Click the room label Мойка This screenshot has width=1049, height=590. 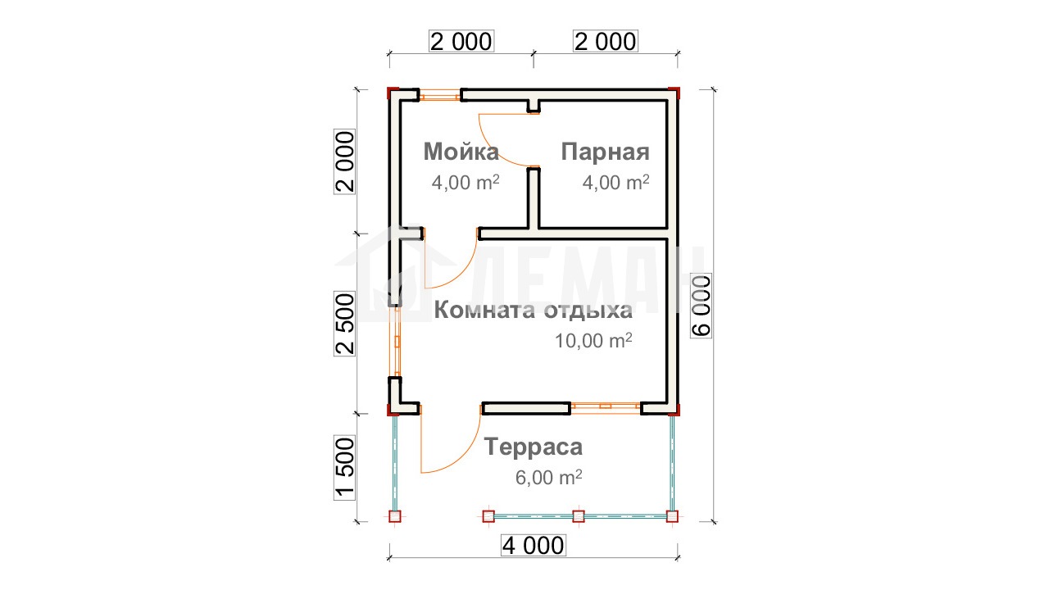(x=461, y=152)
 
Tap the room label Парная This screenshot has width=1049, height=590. (x=605, y=152)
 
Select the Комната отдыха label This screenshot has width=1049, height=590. (x=533, y=311)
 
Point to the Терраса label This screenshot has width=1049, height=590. (x=534, y=447)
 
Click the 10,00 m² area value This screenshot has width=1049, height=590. (x=593, y=340)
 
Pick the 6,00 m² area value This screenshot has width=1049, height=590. (x=549, y=477)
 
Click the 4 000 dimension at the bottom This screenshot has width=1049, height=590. (x=534, y=546)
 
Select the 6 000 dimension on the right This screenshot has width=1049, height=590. (x=702, y=306)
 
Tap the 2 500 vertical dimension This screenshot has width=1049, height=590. (x=345, y=324)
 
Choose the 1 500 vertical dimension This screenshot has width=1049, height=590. (x=345, y=467)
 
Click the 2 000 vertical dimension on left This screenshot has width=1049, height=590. (x=345, y=161)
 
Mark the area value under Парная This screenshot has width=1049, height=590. (x=615, y=182)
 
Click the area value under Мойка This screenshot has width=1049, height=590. (x=465, y=182)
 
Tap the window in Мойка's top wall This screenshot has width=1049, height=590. (x=440, y=97)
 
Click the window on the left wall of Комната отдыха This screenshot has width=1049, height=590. (x=397, y=342)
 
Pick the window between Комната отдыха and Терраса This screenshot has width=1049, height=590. (x=606, y=407)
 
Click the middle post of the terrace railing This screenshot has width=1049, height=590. (x=579, y=516)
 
